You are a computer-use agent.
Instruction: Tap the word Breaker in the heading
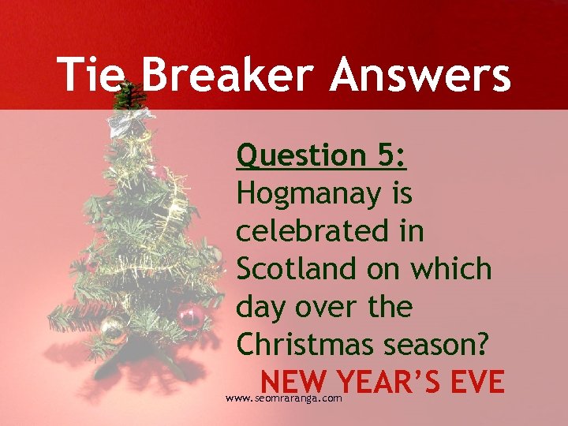(x=224, y=76)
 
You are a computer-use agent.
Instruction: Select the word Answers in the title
(x=420, y=76)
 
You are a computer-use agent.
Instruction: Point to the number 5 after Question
(x=390, y=155)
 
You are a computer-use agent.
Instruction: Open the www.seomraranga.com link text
(x=283, y=399)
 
